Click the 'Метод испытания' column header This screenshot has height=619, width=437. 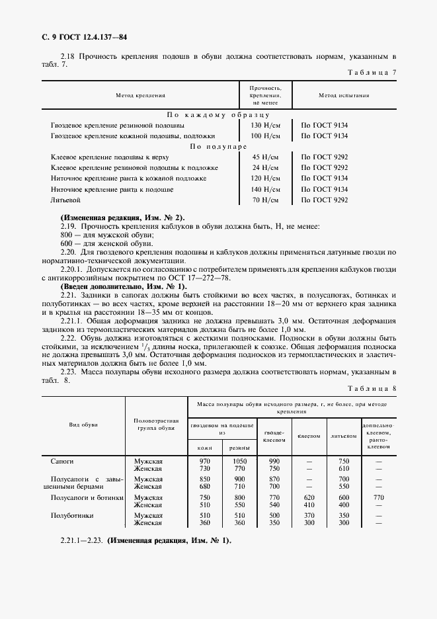pos(344,96)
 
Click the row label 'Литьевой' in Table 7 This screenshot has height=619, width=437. pos(65,200)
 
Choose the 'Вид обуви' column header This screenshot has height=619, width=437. pos(83,425)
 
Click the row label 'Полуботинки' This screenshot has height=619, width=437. pos(73,515)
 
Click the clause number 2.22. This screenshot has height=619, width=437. pos(69,337)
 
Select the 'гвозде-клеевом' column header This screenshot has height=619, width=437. pos(274,435)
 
